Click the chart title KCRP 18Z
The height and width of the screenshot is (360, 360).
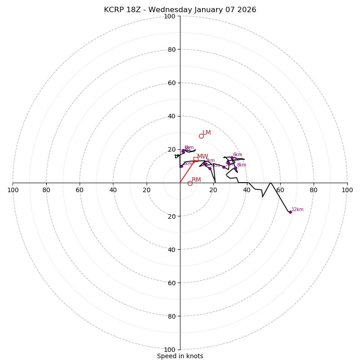pos(180,10)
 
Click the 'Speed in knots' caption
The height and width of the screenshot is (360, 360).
pos(180,356)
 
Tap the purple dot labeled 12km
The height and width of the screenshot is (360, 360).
pos(290,212)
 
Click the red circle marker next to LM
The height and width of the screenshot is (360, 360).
pos(201,136)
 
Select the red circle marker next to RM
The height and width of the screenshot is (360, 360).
pos(190,183)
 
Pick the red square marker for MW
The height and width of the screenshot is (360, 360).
pos(196,159)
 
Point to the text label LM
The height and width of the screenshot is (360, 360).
pos(207,132)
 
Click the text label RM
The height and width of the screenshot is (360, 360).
pos(196,180)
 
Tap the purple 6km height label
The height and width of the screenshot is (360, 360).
pos(237,155)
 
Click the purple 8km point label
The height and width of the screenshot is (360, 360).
pos(241,165)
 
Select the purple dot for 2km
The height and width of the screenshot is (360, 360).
pos(181,166)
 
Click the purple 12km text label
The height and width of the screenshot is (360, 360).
pos(297,210)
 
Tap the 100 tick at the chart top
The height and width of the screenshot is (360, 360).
pos(170,16)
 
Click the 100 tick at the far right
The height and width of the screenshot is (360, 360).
pos(347,190)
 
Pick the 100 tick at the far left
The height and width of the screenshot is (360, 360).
pos(13,190)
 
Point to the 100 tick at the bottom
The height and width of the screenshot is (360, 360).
pos(170,350)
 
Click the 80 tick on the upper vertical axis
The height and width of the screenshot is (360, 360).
pos(171,49)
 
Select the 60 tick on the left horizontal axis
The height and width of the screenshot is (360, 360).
pos(80,190)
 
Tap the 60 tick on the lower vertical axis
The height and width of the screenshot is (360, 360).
pos(171,283)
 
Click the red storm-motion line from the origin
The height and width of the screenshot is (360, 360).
pos(188,171)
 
